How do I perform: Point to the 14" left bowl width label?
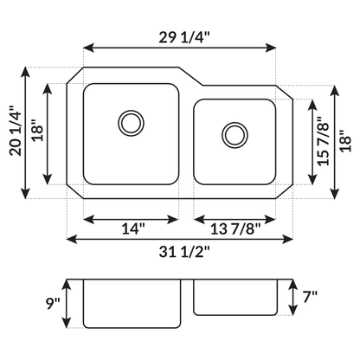(x=132, y=229)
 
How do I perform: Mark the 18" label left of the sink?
(x=37, y=132)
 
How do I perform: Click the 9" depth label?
(x=54, y=303)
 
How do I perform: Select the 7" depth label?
(x=309, y=297)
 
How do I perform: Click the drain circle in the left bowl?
(x=132, y=121)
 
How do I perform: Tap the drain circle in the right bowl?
(x=233, y=133)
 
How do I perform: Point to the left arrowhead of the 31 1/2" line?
(x=71, y=239)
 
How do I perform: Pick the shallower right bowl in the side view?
(x=235, y=298)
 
